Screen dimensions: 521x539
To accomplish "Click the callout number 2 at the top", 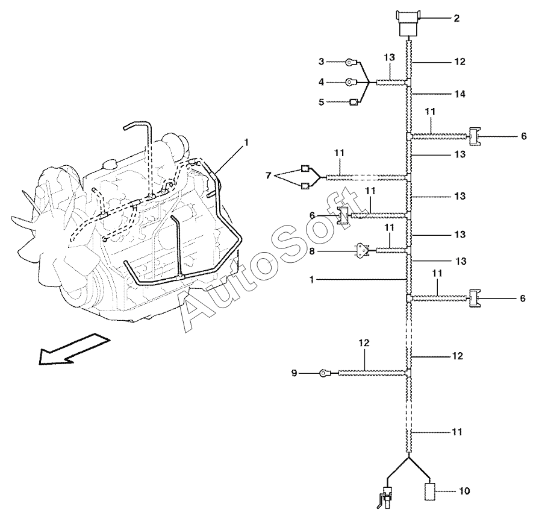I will tap(456, 19).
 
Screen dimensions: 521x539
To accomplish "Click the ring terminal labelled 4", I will tap(350, 82).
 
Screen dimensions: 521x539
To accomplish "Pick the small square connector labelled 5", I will tap(354, 103).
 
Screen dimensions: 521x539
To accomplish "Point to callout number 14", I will tap(460, 94).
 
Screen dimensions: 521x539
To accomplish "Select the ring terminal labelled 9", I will tap(326, 374).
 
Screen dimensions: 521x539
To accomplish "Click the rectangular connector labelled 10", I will tap(432, 491).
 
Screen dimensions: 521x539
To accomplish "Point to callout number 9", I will tap(294, 374).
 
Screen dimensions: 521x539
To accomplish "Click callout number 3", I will tap(321, 62).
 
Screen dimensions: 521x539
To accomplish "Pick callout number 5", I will tap(321, 103).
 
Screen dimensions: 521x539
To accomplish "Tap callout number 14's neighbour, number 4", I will tap(321, 82).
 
